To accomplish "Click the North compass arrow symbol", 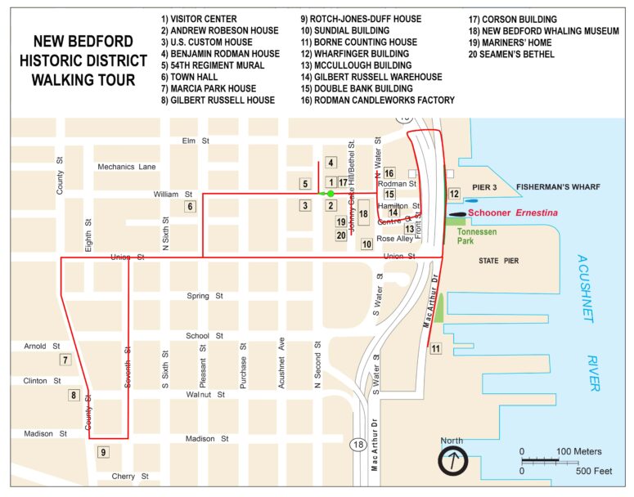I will tap(452, 462).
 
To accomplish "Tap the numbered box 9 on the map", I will tap(103, 452).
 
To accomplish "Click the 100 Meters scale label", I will tap(578, 451).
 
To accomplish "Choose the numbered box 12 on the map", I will tap(454, 194).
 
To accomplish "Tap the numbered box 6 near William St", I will tap(190, 206).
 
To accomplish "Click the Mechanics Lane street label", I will tap(127, 167).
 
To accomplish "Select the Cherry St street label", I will tap(130, 476).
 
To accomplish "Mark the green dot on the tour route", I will tap(330, 194).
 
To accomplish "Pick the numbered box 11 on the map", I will tap(435, 349).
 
